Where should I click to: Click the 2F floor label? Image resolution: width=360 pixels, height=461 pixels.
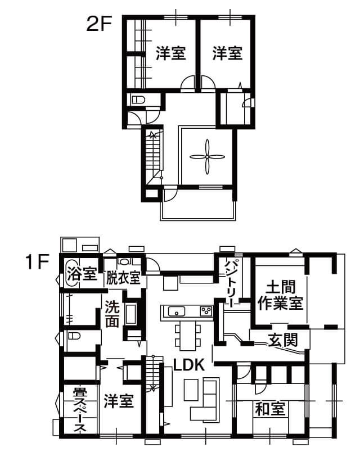tap(100, 24)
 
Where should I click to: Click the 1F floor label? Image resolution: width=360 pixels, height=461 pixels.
tap(37, 261)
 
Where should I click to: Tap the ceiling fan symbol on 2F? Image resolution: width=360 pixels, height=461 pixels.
tap(208, 157)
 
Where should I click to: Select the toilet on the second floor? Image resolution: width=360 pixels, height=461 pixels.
tap(138, 100)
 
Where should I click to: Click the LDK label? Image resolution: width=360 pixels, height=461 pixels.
tap(189, 365)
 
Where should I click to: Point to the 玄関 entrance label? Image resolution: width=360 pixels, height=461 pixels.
tap(282, 340)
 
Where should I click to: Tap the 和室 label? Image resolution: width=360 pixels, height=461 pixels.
tap(270, 409)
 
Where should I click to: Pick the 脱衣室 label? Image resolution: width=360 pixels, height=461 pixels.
tap(123, 277)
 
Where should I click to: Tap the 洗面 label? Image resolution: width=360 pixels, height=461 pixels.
tap(112, 314)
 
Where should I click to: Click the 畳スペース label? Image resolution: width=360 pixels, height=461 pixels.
tap(80, 410)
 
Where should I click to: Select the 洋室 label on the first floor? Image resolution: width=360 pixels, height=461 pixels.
tap(119, 400)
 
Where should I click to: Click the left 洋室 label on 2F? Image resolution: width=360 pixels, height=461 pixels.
tap(171, 53)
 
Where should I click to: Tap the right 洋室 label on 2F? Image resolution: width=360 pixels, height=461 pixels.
tap(228, 53)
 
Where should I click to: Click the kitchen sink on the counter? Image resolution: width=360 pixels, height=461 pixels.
tap(176, 311)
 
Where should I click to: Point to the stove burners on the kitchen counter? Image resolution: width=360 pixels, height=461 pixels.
tap(206, 311)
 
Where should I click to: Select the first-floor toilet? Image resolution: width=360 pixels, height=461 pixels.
tap(74, 336)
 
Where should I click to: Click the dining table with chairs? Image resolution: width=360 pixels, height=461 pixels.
tap(188, 335)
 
